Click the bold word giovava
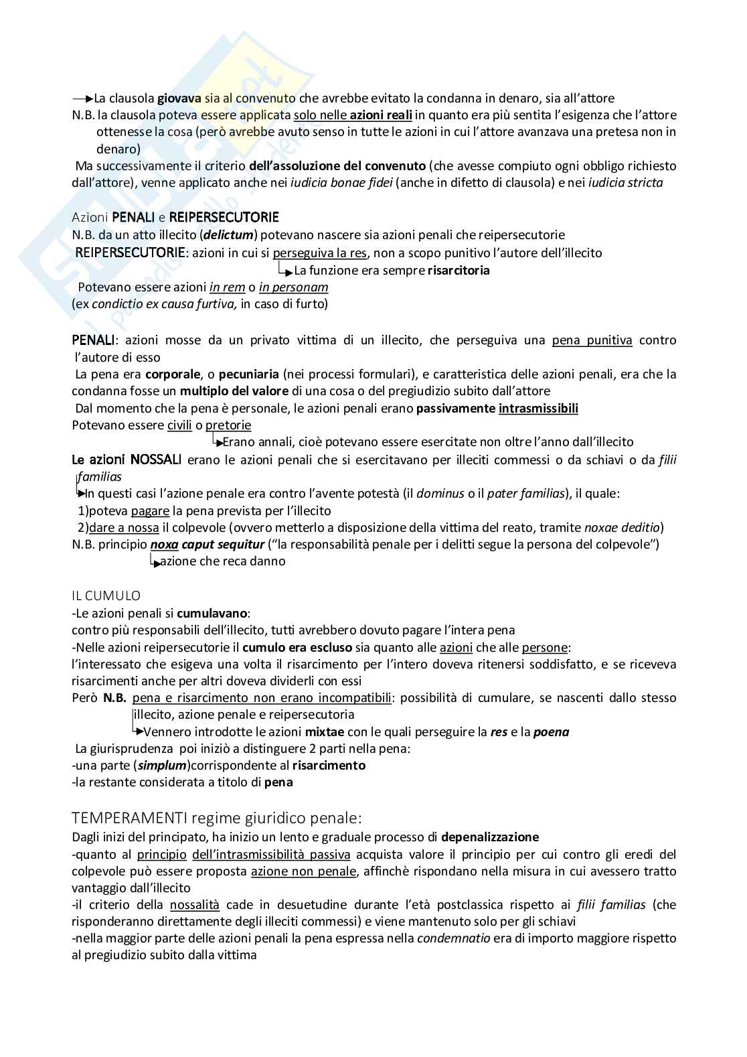pyautogui.click(x=179, y=98)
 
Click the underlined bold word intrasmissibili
pyautogui.click(x=538, y=409)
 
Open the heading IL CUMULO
pyautogui.click(x=106, y=595)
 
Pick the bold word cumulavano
pyautogui.click(x=212, y=613)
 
